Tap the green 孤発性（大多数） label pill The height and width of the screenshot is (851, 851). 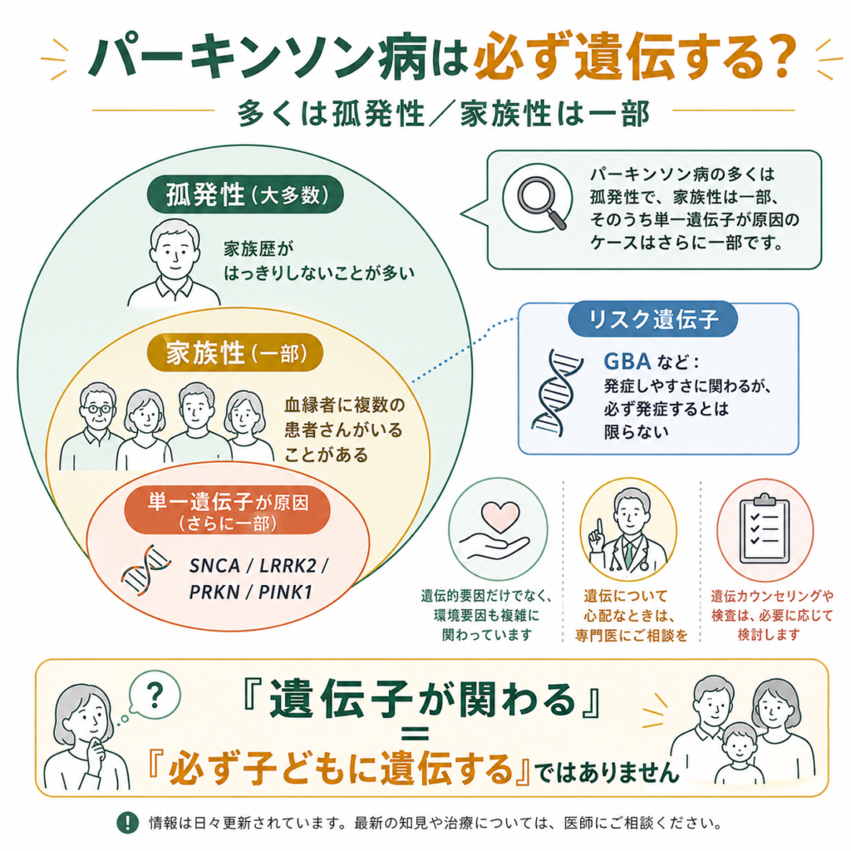coord(245,194)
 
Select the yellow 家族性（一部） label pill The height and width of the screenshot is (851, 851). coord(235,352)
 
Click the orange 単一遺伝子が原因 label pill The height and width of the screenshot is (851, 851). coord(228,510)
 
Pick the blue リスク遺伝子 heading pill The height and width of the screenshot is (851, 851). coord(653,318)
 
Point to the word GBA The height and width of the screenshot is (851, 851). coord(627,362)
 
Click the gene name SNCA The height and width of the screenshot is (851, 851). coord(214,565)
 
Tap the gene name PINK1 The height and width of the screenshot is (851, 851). coord(286,592)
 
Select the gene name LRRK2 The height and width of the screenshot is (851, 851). coord(288,565)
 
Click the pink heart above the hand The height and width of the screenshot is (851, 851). coord(499,516)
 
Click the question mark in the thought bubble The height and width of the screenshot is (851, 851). coord(155,695)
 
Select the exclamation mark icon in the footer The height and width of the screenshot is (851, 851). coord(127,823)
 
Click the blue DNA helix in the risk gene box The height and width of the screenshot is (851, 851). coord(556,393)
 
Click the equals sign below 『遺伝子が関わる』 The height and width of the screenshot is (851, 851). coord(416,735)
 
